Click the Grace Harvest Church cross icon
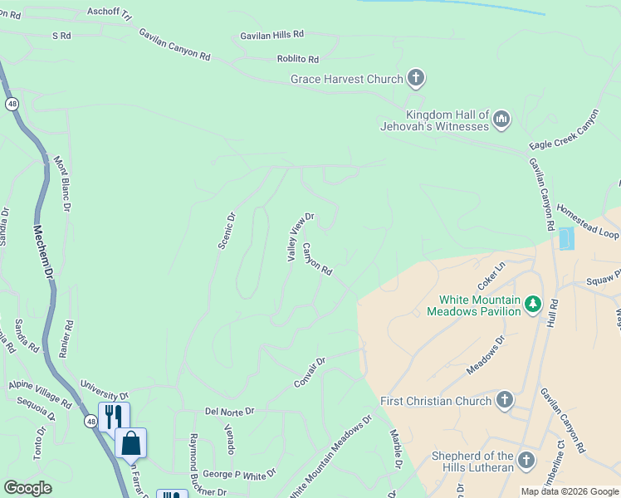[416, 79]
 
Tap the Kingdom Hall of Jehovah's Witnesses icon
[501, 120]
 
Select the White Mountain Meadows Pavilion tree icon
[532, 305]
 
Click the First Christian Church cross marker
[503, 401]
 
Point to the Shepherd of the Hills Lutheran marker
[526, 461]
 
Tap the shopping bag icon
[131, 443]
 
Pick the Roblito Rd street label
[298, 59]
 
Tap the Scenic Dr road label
[226, 230]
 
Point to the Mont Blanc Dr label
[62, 183]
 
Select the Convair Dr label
[310, 373]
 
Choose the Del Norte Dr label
[229, 411]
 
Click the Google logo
[27, 488]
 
